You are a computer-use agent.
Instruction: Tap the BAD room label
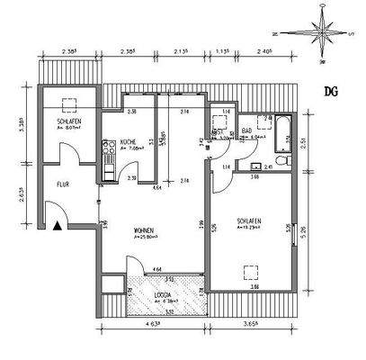coord(245,132)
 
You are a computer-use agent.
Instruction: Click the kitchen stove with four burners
coord(108,164)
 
